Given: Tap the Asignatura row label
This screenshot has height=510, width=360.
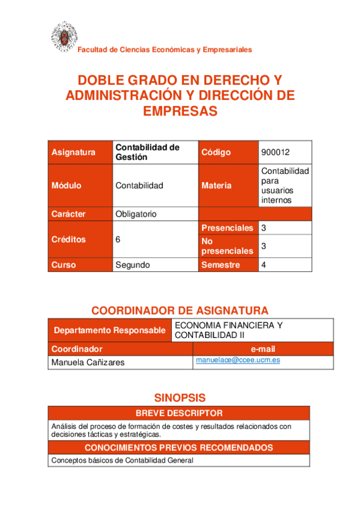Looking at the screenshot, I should (74, 152).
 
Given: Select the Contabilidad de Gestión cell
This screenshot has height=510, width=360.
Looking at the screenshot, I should (147, 152).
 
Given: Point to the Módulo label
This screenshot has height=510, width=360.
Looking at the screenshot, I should (67, 185).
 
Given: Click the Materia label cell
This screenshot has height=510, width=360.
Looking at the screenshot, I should (216, 185).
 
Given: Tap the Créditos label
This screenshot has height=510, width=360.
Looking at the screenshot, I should (69, 239).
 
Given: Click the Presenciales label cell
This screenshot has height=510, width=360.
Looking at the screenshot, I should (227, 228).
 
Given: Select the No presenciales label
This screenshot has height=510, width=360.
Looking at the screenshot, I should (227, 245).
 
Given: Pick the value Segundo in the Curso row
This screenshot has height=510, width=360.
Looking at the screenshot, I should (133, 265).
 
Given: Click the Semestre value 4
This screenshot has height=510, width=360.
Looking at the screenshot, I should (264, 265).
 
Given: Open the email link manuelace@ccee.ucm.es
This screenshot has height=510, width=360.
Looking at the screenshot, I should (238, 360).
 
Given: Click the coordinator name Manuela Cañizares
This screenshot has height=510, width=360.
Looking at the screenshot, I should (89, 362).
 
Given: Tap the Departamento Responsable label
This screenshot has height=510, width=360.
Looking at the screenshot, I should (109, 330).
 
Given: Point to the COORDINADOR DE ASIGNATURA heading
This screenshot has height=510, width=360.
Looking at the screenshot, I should (180, 310).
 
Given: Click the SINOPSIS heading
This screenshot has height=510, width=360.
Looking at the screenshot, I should (180, 398).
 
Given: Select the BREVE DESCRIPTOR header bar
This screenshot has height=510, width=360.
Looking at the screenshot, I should (179, 413).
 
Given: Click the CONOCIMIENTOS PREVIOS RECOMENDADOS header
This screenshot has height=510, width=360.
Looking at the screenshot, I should (179, 447).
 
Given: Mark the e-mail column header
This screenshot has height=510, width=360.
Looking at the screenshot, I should (263, 349).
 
